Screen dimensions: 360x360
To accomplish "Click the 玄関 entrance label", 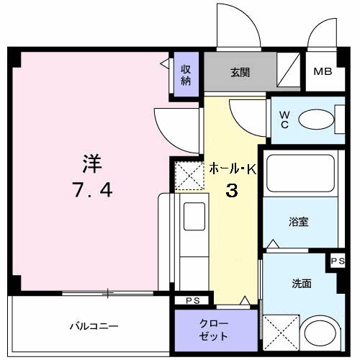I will tap(240, 72).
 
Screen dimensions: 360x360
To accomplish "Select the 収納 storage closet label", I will tap(186, 73).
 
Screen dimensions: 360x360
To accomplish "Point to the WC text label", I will tap(284, 119).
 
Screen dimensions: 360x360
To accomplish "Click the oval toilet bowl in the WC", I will tap(313, 119).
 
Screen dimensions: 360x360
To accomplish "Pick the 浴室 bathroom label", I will tap(299, 222).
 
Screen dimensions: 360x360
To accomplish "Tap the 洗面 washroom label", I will tap(302, 284).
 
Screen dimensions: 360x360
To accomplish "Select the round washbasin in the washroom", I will tap(321, 336).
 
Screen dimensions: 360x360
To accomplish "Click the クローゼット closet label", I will tap(214, 330).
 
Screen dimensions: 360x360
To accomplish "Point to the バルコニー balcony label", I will tap(94, 326).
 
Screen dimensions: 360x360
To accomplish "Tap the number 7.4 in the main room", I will tap(91, 190).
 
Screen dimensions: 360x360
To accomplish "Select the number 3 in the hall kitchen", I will tap(233, 191).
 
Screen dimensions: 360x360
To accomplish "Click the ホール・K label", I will tap(233, 169).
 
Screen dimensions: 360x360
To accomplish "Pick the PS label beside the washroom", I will tap(338, 261).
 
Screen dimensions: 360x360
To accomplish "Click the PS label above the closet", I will tap(192, 300).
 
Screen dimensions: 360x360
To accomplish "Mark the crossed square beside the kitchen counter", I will tap(189, 176).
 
